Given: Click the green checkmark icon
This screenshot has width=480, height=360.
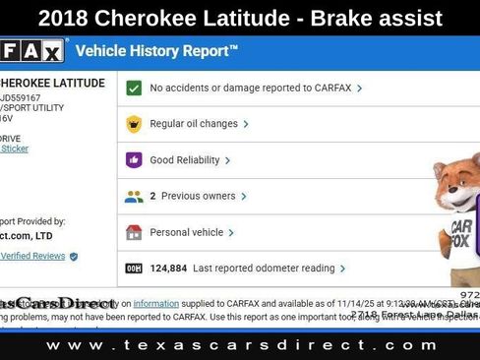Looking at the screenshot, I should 134,88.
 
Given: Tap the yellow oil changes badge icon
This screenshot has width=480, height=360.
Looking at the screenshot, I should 134,124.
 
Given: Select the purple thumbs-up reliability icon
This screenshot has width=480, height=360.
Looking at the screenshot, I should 134,160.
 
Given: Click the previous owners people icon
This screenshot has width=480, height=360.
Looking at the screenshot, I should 134,196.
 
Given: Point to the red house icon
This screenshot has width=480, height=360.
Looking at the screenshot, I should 134,232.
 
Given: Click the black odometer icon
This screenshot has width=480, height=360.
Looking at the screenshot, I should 134,268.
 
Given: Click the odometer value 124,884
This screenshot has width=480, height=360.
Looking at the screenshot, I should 168,268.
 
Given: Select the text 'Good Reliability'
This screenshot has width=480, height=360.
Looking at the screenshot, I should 185,160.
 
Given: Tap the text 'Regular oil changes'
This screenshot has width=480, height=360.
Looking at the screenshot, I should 193,124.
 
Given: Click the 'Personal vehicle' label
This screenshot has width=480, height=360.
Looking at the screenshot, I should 186,232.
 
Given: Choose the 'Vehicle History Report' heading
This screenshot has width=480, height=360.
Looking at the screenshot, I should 156,49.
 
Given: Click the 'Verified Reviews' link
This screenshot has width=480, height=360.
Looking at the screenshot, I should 32,256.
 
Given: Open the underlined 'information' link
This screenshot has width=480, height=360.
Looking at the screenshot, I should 155,303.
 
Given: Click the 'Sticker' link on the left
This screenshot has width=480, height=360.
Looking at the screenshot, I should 15,149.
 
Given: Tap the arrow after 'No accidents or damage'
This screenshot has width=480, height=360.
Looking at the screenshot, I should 359,88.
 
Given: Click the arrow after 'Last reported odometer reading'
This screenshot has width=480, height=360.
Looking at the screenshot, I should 342,268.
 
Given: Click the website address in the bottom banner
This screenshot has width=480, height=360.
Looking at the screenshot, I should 239,345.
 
